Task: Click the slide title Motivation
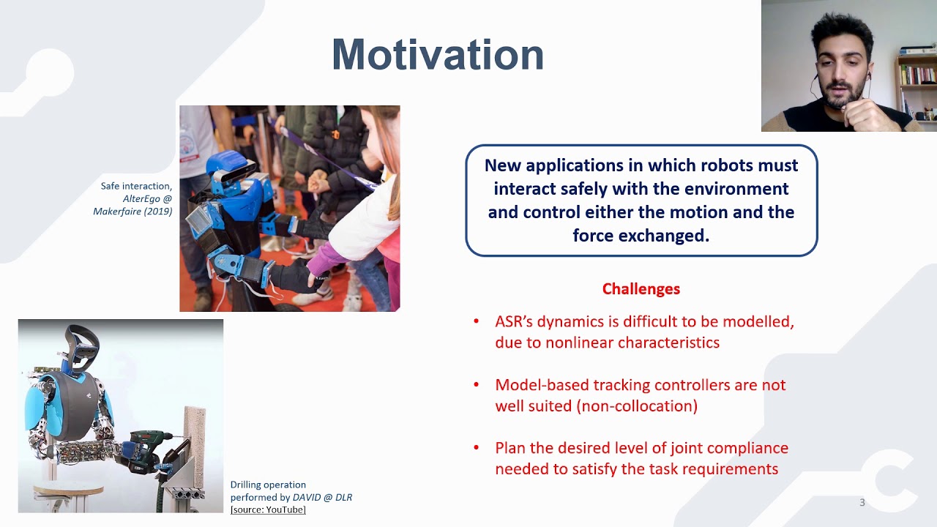[438, 55]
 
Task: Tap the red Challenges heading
[641, 289]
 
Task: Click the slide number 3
[862, 502]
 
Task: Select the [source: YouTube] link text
[268, 510]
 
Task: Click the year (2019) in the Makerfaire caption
[157, 212]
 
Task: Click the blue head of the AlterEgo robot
[230, 168]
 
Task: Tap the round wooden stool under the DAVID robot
[68, 489]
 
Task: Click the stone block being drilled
[195, 444]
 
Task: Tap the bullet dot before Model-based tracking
[476, 384]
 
